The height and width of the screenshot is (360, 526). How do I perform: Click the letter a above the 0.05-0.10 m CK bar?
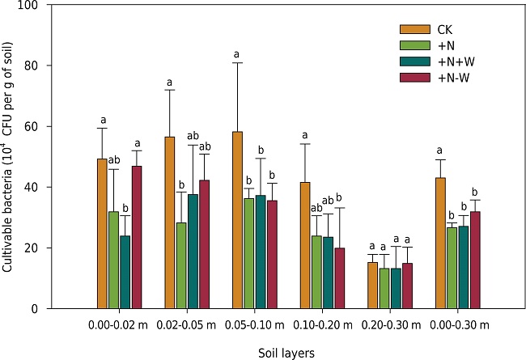(x=237, y=55)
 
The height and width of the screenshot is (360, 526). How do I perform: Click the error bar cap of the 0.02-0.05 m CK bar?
(x=170, y=89)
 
